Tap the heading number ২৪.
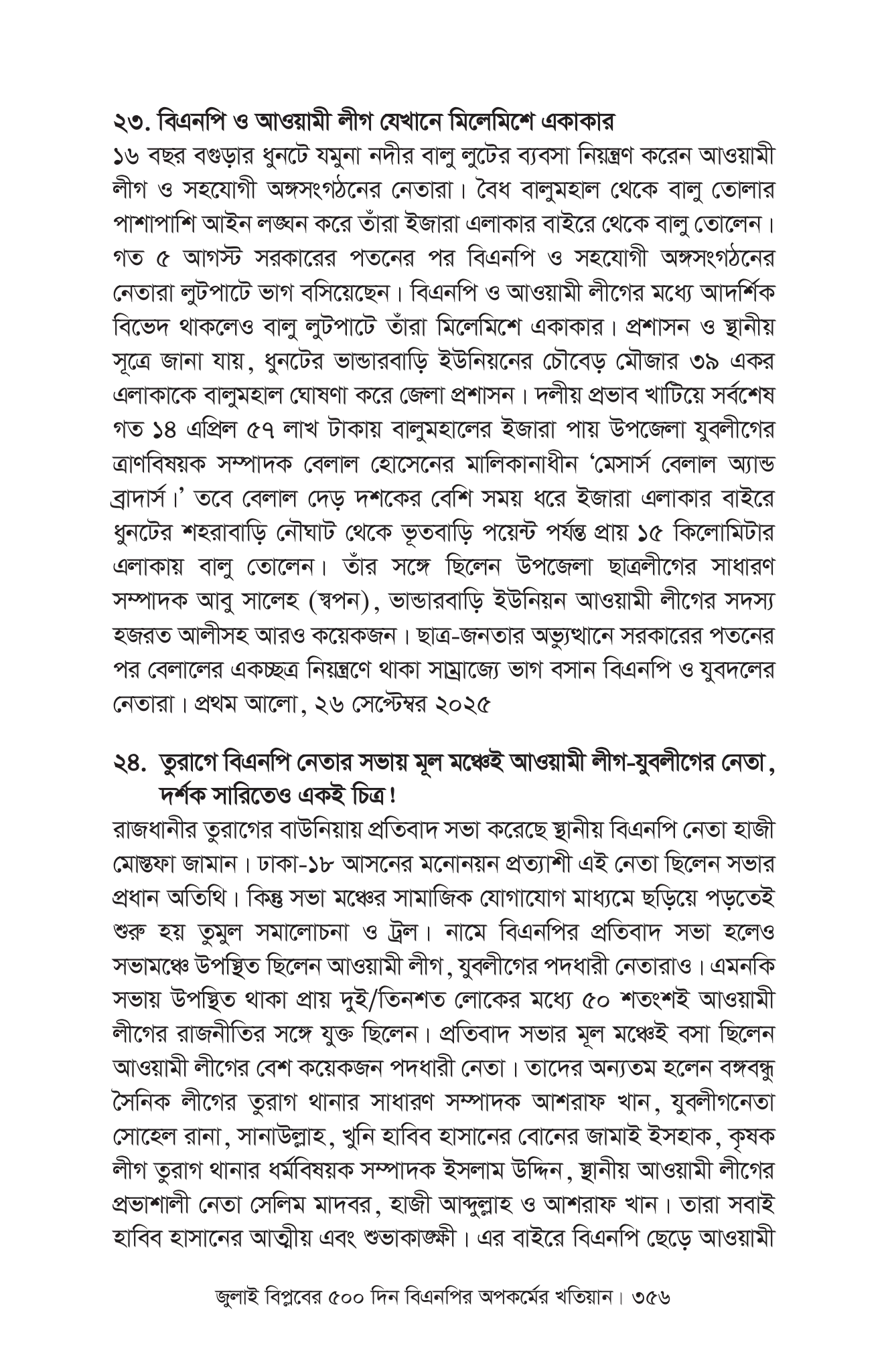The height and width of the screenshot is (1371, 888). pyautogui.click(x=131, y=762)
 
